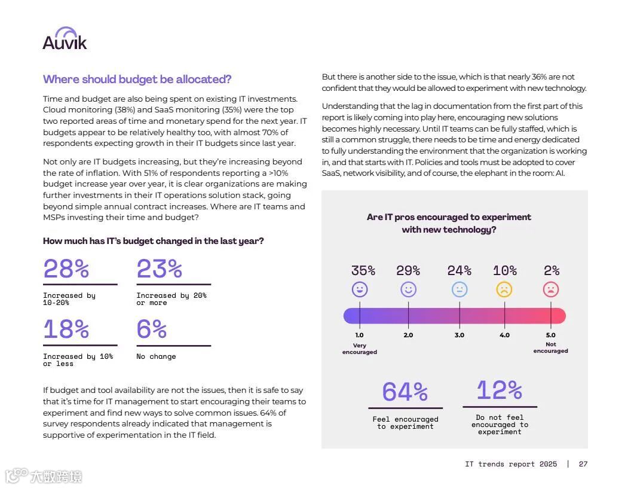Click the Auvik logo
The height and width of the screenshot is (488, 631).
tap(65, 39)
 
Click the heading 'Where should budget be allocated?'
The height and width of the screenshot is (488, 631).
tap(137, 80)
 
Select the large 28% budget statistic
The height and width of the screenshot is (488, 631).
tap(66, 269)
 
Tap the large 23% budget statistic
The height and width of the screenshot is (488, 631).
tap(159, 269)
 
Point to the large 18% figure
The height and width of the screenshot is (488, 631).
tap(66, 330)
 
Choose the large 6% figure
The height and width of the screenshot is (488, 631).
tap(152, 330)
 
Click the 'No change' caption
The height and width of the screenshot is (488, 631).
tap(156, 356)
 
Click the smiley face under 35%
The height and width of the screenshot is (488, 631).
tap(360, 289)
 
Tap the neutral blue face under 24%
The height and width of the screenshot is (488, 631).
tap(460, 289)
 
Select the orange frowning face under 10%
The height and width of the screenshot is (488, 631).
tap(504, 289)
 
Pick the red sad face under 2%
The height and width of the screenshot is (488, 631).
tap(550, 289)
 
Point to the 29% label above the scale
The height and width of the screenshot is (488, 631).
tap(408, 271)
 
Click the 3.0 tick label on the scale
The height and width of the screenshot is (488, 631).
tap(459, 335)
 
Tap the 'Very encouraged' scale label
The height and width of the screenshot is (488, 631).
tap(360, 349)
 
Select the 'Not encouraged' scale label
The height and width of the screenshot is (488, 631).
tap(550, 347)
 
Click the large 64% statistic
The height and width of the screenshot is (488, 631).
tap(405, 392)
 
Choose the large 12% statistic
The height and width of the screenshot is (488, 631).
tap(499, 391)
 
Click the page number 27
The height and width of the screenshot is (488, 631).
tap(583, 464)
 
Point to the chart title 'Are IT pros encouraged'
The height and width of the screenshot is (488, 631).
tap(449, 223)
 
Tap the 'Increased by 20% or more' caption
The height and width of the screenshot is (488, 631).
tap(171, 299)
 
